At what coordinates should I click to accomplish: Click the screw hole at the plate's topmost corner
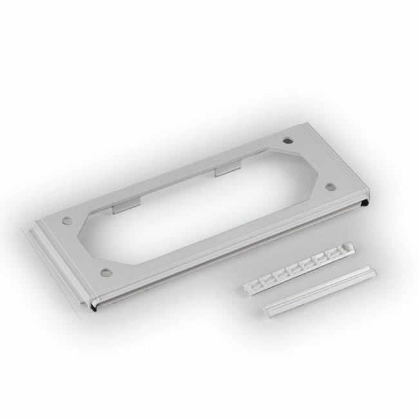point(287,141)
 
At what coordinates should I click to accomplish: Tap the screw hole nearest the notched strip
point(329,186)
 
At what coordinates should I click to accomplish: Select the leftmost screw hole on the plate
point(68,221)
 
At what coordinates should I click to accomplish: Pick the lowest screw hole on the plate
point(106,272)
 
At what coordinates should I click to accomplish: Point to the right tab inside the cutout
point(228,170)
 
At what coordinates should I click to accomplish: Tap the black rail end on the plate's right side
point(365,204)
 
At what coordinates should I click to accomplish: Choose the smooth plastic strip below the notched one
point(320,292)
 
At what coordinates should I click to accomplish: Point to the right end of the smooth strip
point(373,271)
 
